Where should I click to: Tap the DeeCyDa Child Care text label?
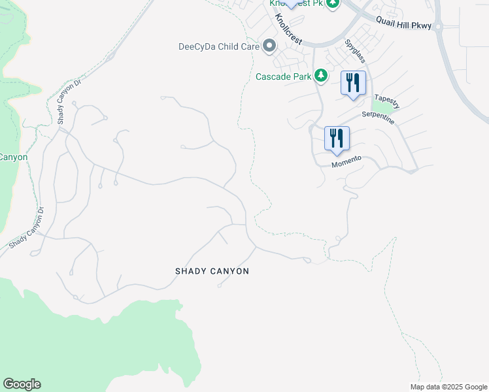219,46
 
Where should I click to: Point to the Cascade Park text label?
283,76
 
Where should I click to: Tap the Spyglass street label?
356,51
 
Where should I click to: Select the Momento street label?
346,160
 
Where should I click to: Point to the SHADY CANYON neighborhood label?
212,271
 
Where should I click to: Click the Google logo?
22,384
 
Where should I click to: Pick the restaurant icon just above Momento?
337,139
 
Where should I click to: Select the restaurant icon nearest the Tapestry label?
353,83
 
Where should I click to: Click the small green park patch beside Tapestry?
380,103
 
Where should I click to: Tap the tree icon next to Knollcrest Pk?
333,3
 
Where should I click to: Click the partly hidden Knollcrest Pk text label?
297,3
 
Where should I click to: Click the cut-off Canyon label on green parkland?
13,157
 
